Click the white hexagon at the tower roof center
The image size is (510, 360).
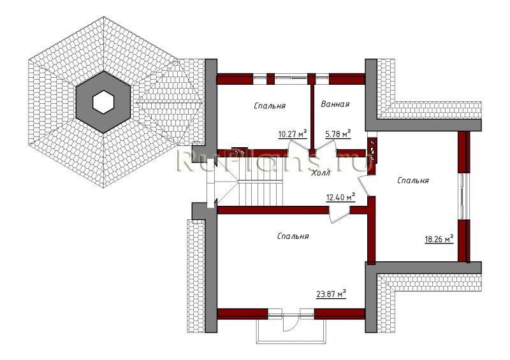(x=103, y=102)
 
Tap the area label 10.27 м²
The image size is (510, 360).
(x=293, y=134)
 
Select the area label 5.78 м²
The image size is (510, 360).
(x=338, y=133)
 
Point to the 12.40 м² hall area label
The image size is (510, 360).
(x=340, y=198)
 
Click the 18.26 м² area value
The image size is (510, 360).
(x=439, y=240)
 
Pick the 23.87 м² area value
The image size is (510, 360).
(x=331, y=294)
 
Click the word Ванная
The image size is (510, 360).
(x=335, y=104)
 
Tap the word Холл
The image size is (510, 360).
(x=321, y=173)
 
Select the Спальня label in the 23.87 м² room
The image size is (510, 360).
(x=293, y=236)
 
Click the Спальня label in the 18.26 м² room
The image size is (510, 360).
(x=412, y=180)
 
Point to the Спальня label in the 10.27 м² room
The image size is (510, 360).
(x=270, y=106)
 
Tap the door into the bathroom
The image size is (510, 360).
(x=326, y=145)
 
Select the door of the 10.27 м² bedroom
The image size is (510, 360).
(x=298, y=145)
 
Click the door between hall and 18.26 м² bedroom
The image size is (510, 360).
(x=364, y=185)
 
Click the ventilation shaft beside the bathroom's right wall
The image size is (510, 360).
(x=373, y=150)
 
